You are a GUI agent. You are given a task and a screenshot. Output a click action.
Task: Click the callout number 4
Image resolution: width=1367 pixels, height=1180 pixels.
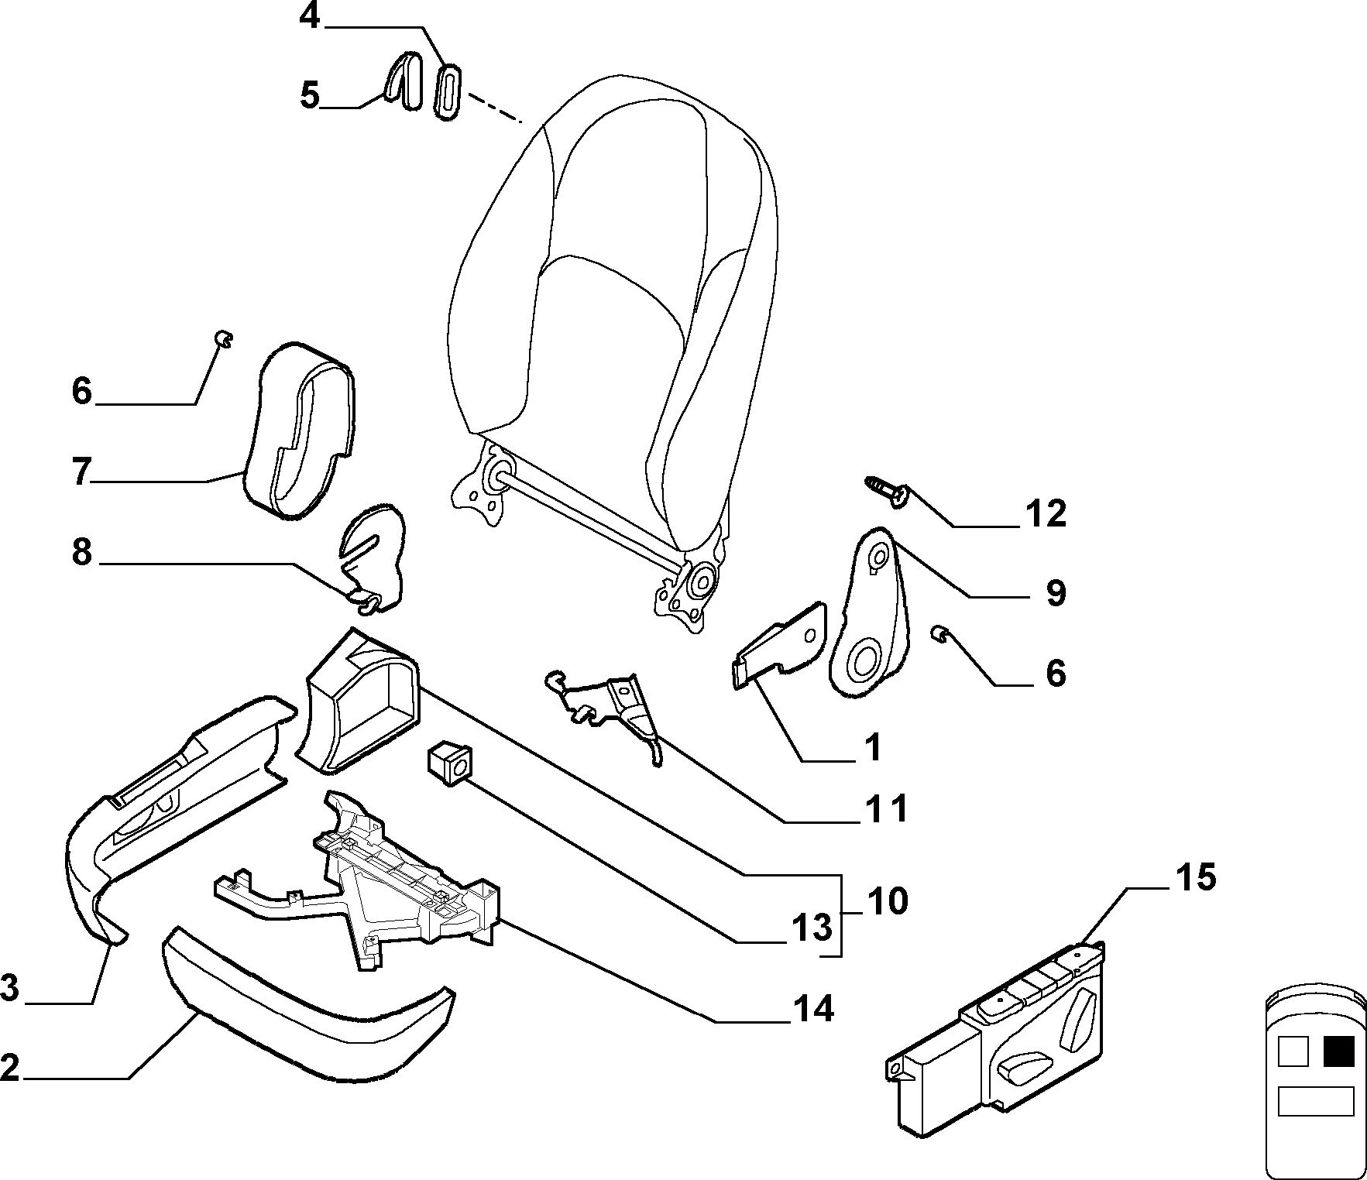tap(309, 16)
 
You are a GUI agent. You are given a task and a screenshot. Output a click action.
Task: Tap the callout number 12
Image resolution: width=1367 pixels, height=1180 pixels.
tap(1046, 513)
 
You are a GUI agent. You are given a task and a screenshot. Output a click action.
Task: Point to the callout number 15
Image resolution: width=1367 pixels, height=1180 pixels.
tap(1195, 877)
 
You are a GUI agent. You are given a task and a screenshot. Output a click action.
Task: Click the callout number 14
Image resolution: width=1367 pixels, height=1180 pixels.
tap(812, 1008)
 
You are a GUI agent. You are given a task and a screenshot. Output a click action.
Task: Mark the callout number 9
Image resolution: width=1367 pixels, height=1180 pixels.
tap(1055, 592)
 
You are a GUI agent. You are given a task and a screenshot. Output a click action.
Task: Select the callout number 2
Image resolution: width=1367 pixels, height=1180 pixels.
tap(9, 1068)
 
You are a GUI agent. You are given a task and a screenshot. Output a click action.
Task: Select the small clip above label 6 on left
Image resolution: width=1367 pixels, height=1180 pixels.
tap(224, 339)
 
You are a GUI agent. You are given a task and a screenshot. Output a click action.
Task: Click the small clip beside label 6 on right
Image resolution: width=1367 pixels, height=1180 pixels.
tap(939, 635)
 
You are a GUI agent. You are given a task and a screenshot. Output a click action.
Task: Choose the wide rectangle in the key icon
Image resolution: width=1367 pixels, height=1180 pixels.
tap(1315, 1101)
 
